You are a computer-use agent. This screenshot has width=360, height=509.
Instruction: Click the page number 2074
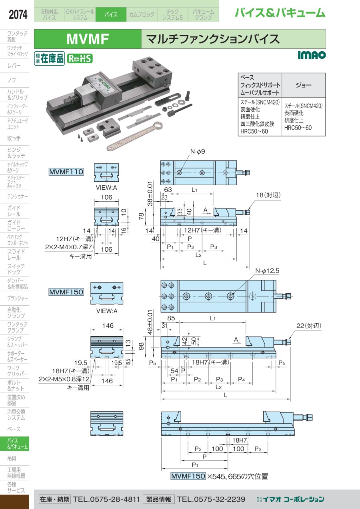pos(18,15)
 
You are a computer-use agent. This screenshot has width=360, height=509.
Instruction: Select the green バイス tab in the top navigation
pos(111,15)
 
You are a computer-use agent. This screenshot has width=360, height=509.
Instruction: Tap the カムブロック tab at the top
pos(141,15)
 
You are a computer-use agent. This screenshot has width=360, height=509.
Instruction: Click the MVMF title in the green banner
pos(88,39)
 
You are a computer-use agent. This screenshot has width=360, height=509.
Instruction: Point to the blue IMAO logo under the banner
pos(312,55)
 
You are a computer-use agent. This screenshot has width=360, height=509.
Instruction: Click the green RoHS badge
pos(79,58)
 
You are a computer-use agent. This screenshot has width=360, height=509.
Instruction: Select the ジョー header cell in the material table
pos(304,85)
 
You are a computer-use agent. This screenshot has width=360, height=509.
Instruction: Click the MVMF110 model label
pos(66,172)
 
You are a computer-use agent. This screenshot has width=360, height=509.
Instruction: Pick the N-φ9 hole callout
pos(197,152)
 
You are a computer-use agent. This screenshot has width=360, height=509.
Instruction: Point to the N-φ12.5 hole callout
pos(267,271)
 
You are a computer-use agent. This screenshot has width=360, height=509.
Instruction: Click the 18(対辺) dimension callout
pos(268,195)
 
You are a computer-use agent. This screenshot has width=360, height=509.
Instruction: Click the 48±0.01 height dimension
pos(150,323)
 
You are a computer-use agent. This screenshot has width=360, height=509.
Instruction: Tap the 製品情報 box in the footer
pos(158,499)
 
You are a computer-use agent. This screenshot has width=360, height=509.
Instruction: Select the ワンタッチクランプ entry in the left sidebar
pos(17,327)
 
